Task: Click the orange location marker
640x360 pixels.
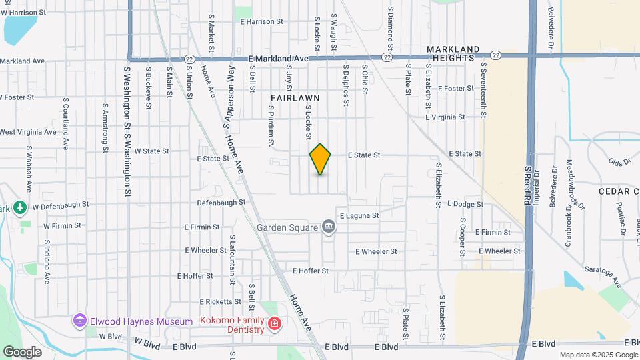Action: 321,159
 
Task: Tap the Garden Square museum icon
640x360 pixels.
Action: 328,227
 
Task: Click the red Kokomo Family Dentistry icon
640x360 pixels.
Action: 274,324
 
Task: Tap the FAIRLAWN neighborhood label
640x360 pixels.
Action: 295,97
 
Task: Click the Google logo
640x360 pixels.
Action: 22,351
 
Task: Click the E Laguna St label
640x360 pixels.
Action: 359,215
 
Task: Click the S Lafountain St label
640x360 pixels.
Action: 231,259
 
